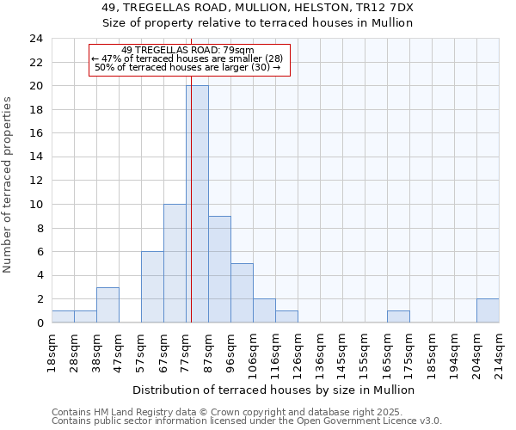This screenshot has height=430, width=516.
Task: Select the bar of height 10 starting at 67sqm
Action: point(175,263)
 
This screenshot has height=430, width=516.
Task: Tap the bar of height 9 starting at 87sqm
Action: point(219,269)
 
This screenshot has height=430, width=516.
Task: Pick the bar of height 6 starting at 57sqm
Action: point(152,287)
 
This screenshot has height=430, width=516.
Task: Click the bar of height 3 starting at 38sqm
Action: point(107,304)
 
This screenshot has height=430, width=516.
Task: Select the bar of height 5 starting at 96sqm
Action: point(242,292)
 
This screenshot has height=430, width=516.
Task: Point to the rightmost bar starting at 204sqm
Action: point(488,310)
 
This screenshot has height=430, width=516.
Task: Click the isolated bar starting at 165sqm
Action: point(398,316)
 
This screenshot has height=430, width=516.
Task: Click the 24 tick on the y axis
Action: point(35,39)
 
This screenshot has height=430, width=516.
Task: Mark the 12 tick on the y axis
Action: point(35,181)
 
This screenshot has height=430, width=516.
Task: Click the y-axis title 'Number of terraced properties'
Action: point(8,185)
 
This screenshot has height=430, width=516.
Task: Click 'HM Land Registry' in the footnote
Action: point(128,412)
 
